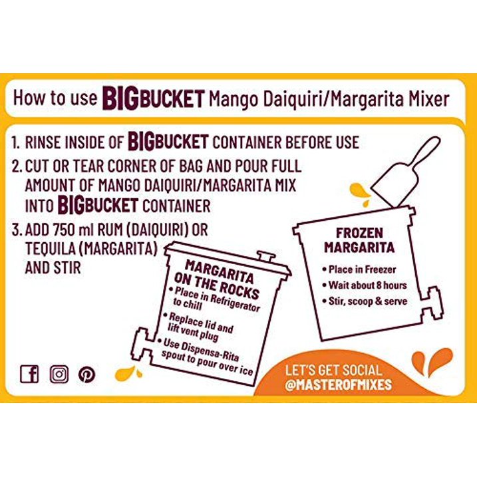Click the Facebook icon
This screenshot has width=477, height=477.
[x=29, y=374]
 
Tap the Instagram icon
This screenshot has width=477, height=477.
[x=59, y=374]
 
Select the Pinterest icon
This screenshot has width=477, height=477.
[x=86, y=374]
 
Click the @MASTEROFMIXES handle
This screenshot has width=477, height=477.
[x=339, y=385]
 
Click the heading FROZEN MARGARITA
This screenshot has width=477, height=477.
[x=359, y=240]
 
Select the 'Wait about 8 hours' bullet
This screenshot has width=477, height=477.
[x=367, y=285]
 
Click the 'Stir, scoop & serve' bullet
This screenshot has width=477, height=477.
[x=367, y=301]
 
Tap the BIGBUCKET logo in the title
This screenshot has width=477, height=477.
[x=152, y=98]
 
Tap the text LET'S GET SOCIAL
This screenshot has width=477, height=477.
[x=333, y=371]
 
